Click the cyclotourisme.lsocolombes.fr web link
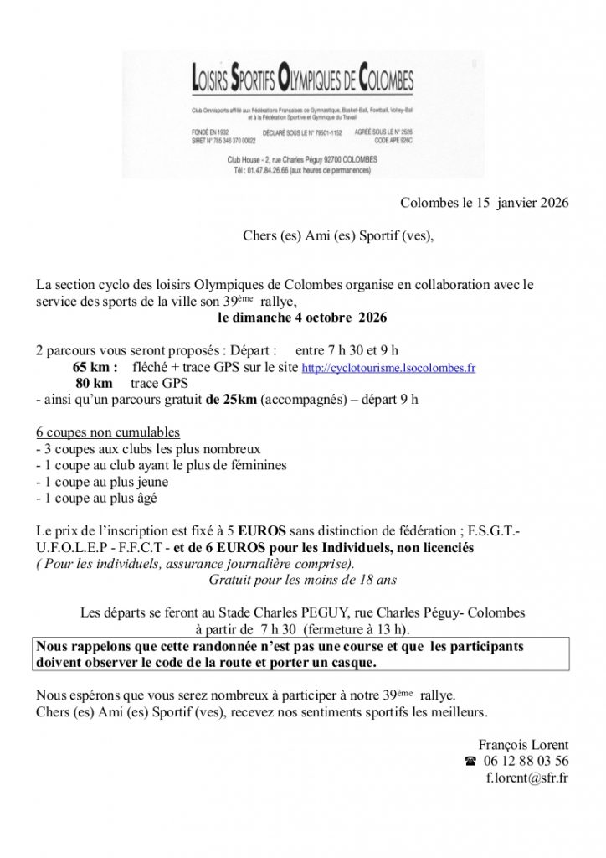click(x=388, y=368)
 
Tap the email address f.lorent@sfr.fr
click(x=527, y=778)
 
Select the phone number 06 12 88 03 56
click(x=526, y=762)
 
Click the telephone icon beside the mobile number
click(x=469, y=762)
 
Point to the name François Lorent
click(x=524, y=745)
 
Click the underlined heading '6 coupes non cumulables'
click(x=108, y=432)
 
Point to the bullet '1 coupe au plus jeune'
click(x=102, y=482)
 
